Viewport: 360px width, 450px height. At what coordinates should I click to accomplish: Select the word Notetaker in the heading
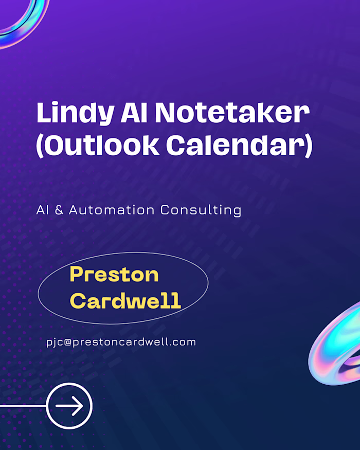point(233,113)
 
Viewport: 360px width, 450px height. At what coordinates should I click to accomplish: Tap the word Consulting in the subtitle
point(201,210)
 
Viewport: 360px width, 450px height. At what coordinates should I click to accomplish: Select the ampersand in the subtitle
point(59,210)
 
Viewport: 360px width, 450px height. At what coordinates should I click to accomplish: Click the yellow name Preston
point(114,275)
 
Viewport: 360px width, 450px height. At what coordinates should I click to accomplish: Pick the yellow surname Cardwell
point(125,300)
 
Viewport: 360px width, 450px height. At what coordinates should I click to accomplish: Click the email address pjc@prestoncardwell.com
point(121,342)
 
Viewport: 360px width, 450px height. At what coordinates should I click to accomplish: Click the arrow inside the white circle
point(69,406)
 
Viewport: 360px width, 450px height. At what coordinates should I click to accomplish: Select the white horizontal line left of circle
point(23,406)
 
